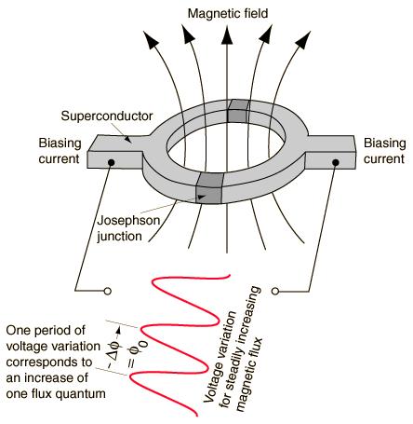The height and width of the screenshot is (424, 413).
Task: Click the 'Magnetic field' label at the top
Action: tap(228, 13)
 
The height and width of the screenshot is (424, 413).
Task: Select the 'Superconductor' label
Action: tap(107, 116)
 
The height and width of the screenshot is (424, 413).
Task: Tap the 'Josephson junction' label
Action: tap(128, 228)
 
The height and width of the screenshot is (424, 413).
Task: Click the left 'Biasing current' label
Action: tap(60, 151)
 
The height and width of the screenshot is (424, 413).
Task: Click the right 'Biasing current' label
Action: tap(384, 151)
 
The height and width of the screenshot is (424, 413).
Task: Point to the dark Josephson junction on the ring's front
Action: tap(209, 188)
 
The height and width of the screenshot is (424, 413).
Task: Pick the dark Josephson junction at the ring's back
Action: tap(238, 111)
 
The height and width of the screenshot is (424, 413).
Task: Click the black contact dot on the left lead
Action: tap(111, 162)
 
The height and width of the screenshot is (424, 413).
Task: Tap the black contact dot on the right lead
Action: tap(335, 162)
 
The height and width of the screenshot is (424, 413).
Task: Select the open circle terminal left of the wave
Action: tap(108, 292)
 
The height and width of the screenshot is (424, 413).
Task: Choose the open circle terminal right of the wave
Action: tap(274, 291)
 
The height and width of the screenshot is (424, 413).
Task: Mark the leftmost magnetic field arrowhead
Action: tap(150, 40)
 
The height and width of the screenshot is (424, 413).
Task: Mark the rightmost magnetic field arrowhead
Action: tap(303, 40)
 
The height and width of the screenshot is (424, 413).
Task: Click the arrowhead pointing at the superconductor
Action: tap(128, 139)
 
